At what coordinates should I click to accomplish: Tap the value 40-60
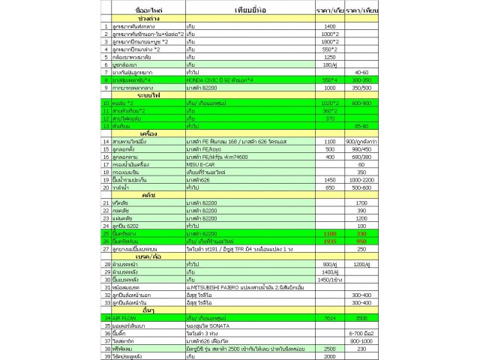(361, 71)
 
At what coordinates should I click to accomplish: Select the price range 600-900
(361, 102)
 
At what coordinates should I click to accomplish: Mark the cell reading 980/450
(361, 148)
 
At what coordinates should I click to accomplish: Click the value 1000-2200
(361, 179)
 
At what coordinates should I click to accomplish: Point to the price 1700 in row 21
(361, 202)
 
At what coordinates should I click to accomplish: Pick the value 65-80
(361, 125)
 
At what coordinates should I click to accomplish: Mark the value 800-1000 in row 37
(361, 341)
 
